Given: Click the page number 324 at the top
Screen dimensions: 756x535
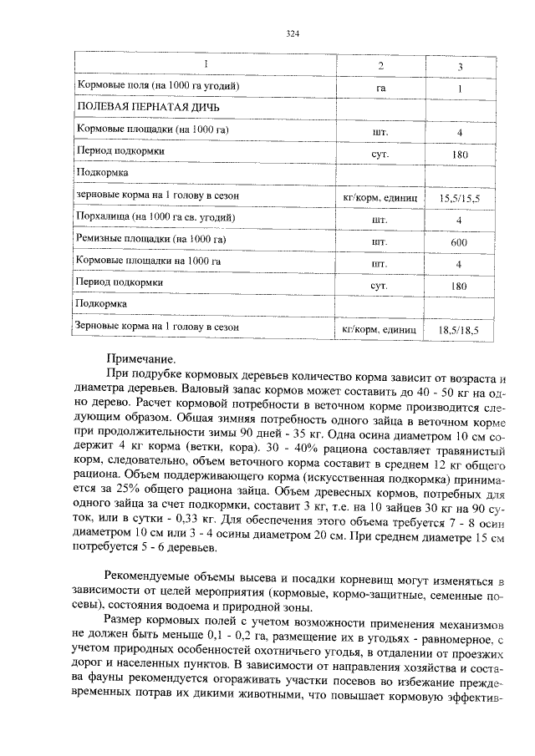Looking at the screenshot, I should tap(292, 33).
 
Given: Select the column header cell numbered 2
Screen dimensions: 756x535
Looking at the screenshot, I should tap(381, 65).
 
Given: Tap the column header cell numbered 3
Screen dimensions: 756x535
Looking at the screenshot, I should tap(460, 66).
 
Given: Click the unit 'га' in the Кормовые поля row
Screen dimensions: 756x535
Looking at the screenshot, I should tap(381, 87).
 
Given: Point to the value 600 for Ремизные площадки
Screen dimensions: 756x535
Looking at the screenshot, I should tap(459, 242).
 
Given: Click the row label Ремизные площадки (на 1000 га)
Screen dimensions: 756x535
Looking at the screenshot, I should tap(151, 240).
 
